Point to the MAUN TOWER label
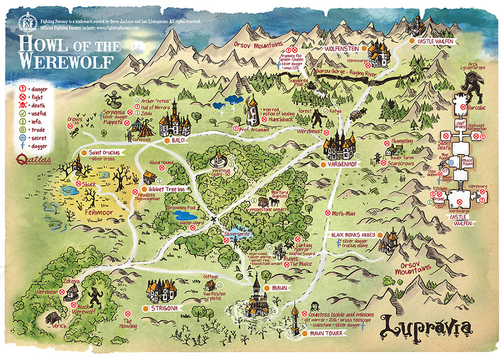pyautogui.click(x=326, y=333)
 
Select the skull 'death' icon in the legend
pyautogui.click(x=22, y=106)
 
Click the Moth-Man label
pyautogui.click(x=345, y=213)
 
